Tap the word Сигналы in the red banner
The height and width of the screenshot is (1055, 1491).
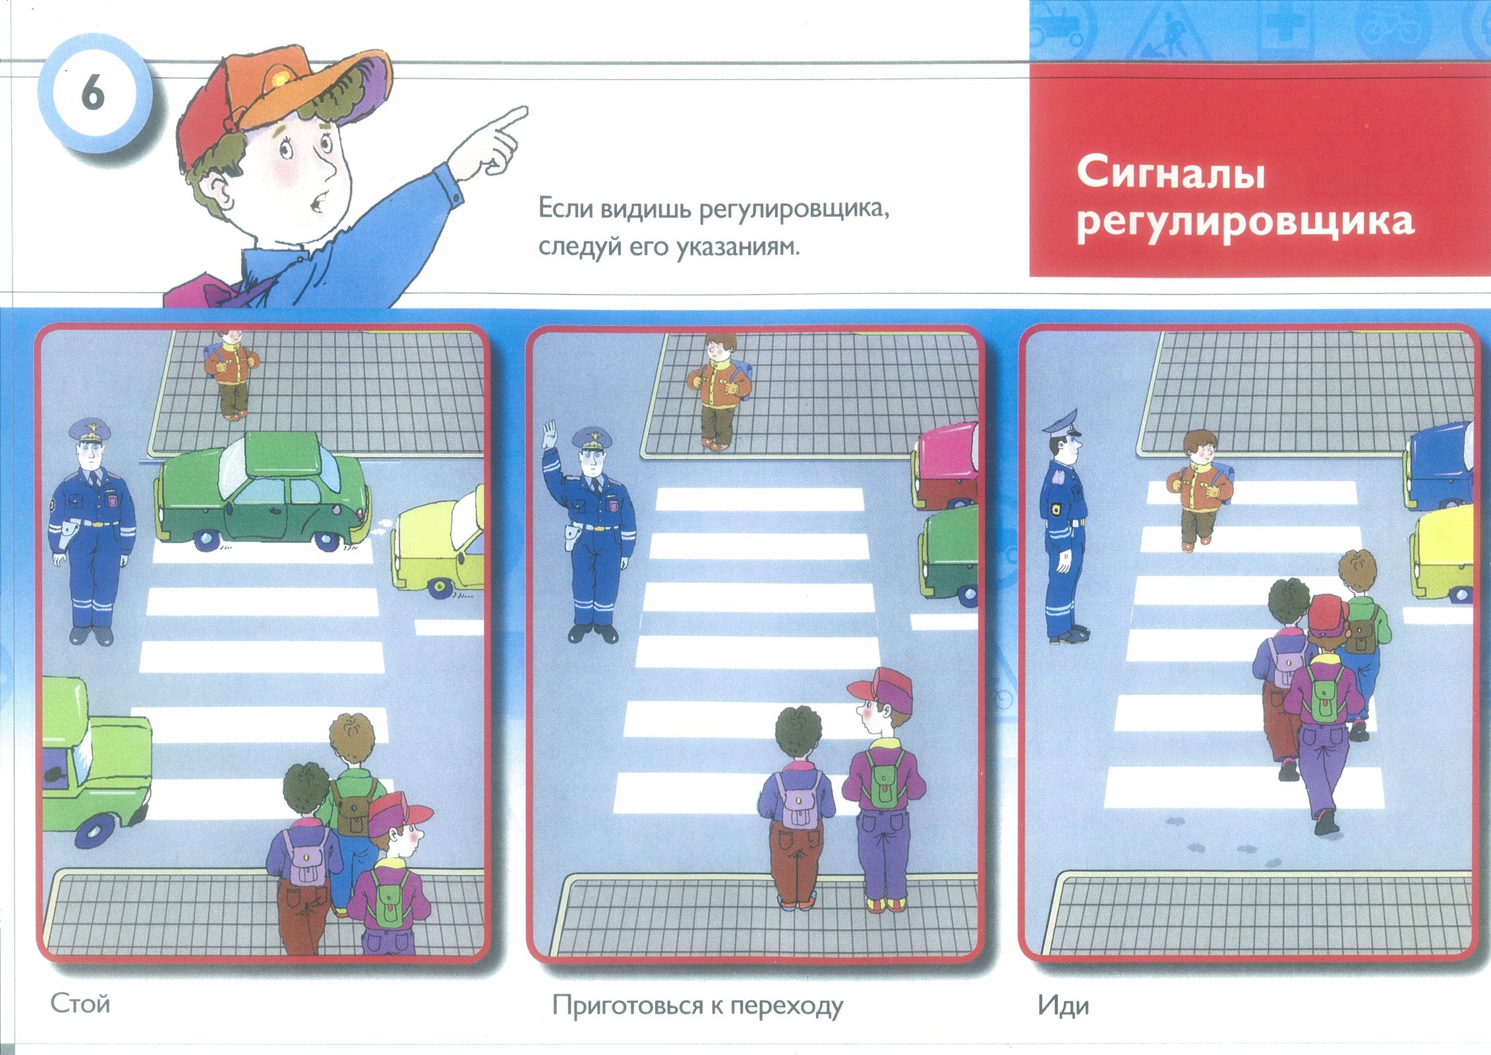1171,173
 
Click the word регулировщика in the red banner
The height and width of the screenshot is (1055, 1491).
1246,223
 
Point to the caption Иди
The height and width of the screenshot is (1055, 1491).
1063,1006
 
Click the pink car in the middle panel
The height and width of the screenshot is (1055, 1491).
945,467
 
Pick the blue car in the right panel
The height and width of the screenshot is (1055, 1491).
1438,466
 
